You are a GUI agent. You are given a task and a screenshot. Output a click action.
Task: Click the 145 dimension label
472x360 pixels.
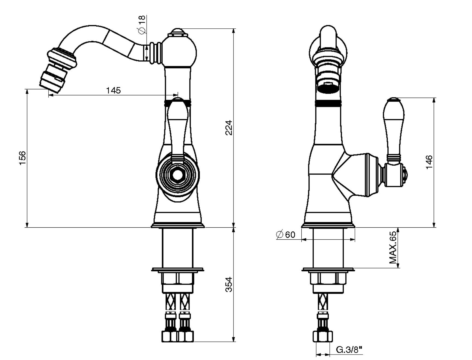[x=113, y=90]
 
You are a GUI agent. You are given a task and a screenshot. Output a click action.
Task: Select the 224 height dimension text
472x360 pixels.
[x=229, y=127]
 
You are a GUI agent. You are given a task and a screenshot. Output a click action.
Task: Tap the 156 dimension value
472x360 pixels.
[x=22, y=157]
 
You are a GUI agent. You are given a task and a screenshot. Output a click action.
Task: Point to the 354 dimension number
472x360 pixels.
[x=229, y=284]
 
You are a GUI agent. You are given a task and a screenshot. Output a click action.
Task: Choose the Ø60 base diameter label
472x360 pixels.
[x=286, y=234]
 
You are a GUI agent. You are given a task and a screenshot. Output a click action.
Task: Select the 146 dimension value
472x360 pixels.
[x=429, y=162]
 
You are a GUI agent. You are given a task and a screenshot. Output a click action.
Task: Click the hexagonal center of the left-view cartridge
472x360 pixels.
[x=177, y=175]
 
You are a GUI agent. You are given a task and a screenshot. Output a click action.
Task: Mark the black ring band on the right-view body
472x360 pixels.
[x=328, y=103]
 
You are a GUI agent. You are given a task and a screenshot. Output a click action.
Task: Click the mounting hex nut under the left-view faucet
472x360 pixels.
[x=177, y=278]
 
